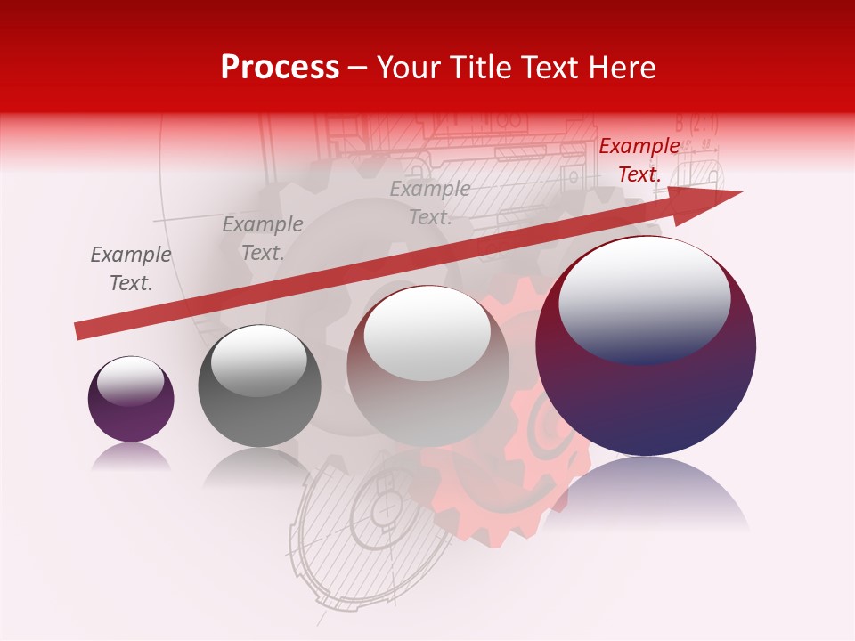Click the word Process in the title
click(x=280, y=68)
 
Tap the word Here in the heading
click(x=623, y=68)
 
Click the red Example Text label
click(x=639, y=160)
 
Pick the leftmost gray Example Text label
click(x=131, y=268)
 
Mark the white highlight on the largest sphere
click(x=644, y=298)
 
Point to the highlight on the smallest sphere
click(x=130, y=380)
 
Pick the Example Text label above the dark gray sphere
click(x=263, y=238)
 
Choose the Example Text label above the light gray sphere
click(x=430, y=202)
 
